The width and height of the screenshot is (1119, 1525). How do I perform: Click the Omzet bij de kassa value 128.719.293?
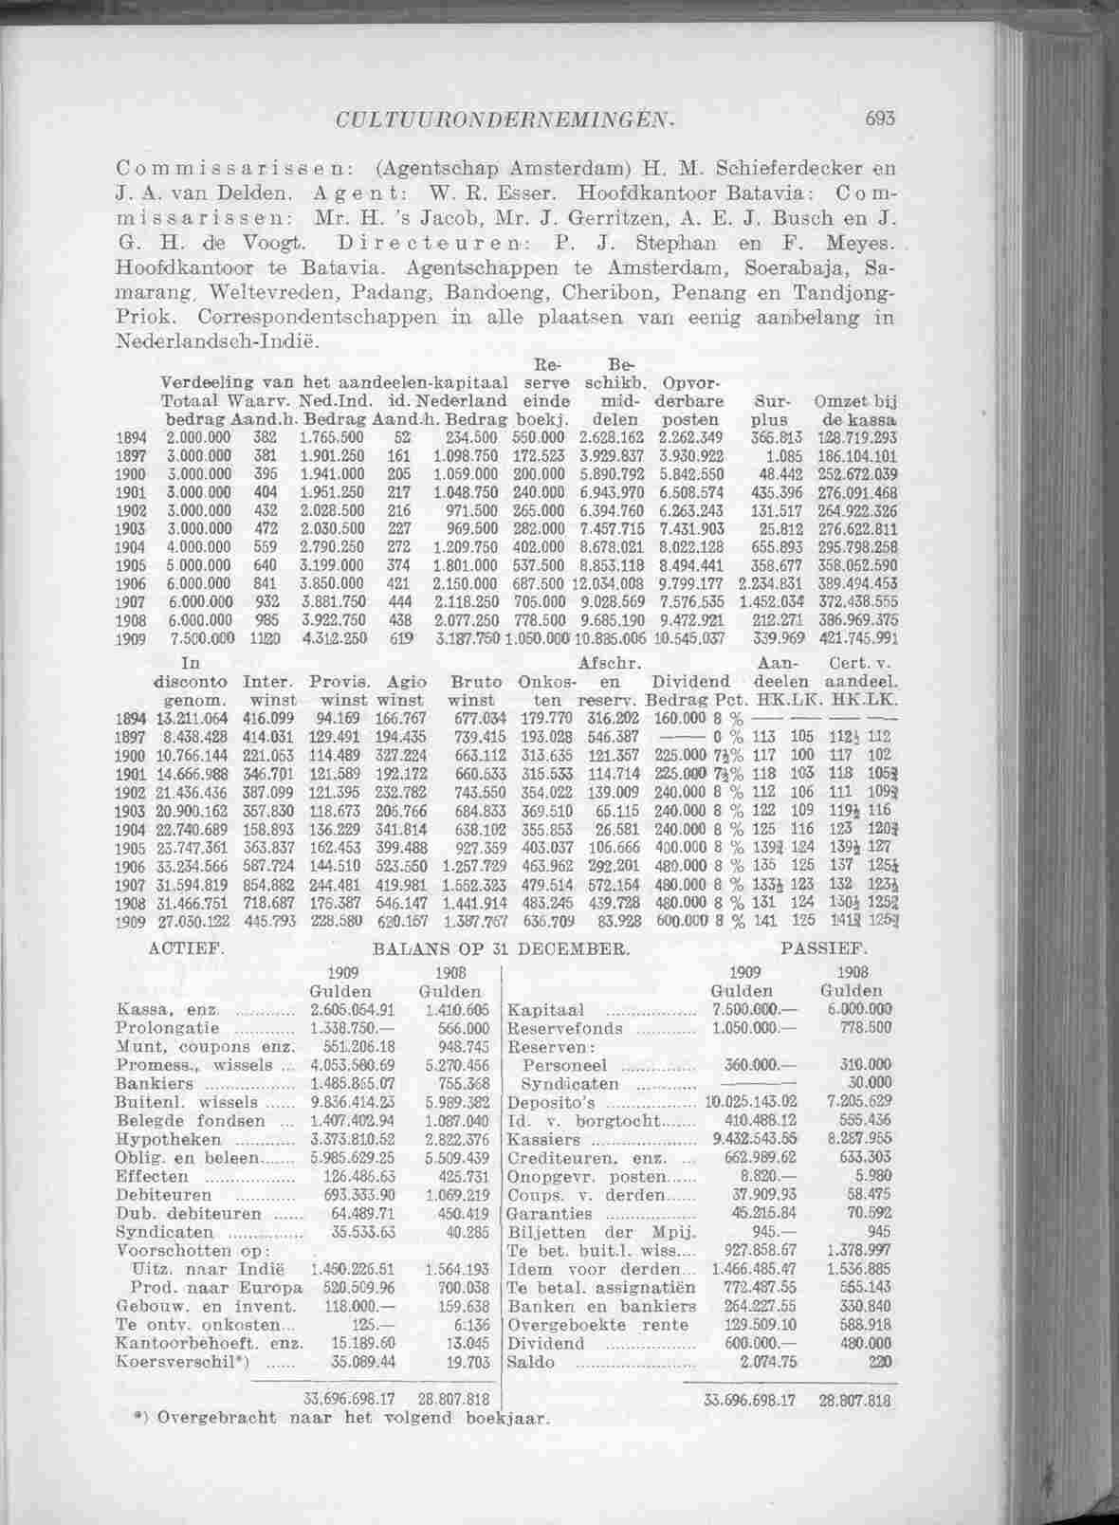click(x=853, y=437)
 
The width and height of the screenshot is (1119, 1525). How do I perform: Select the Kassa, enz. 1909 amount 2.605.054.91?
click(x=353, y=1010)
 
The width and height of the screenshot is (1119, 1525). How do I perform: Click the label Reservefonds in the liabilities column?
click(x=566, y=1028)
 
